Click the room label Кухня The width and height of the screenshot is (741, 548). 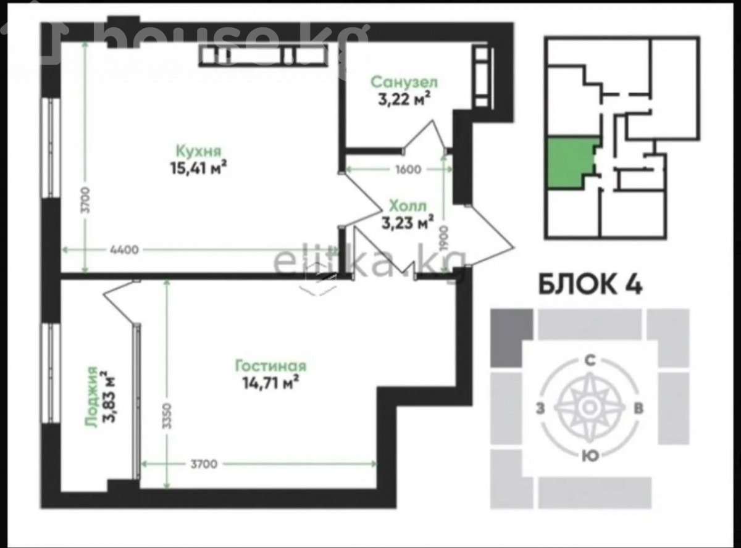coord(199,151)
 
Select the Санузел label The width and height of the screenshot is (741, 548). coord(404,82)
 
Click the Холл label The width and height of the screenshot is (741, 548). coord(408,206)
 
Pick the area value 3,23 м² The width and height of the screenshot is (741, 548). coord(408,222)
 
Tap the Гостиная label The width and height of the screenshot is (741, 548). coord(270,366)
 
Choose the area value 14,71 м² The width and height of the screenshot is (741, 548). coord(271,383)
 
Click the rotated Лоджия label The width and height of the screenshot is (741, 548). coord(91,397)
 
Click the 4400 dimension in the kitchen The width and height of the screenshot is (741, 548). coord(124,250)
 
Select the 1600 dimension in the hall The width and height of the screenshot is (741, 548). coord(408,170)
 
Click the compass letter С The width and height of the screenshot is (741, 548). coord(590,360)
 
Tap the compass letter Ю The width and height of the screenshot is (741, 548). coord(590,456)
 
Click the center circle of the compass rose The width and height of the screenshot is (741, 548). coord(590,407)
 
